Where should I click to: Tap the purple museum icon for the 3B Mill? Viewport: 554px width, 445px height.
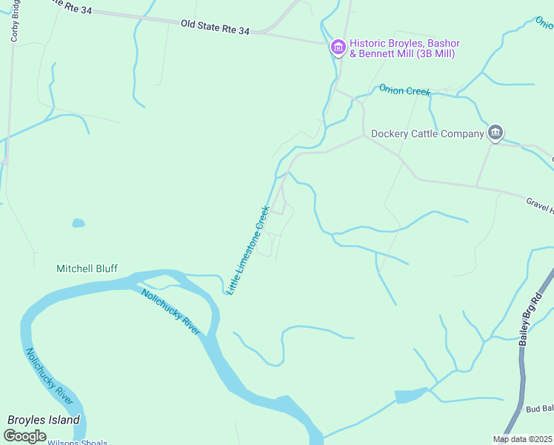[x=338, y=48]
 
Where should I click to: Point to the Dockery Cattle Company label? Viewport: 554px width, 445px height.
[x=427, y=134]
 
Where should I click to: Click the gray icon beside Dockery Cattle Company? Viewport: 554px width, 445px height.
[x=495, y=133]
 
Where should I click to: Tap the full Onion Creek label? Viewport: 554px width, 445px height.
[x=404, y=90]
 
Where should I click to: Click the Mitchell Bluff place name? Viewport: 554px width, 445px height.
[x=87, y=268]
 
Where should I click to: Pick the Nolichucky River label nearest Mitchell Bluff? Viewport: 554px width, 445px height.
[x=170, y=310]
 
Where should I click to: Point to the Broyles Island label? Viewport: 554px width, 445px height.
[x=43, y=420]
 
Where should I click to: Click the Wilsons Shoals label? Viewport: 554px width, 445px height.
[x=77, y=442]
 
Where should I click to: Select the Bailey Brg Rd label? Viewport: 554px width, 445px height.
[x=531, y=317]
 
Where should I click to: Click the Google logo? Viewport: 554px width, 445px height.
[x=24, y=436]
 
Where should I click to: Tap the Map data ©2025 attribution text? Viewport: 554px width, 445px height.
[x=521, y=439]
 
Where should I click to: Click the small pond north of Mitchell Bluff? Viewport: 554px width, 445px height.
[x=78, y=222]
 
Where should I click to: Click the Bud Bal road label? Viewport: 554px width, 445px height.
[x=539, y=409]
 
